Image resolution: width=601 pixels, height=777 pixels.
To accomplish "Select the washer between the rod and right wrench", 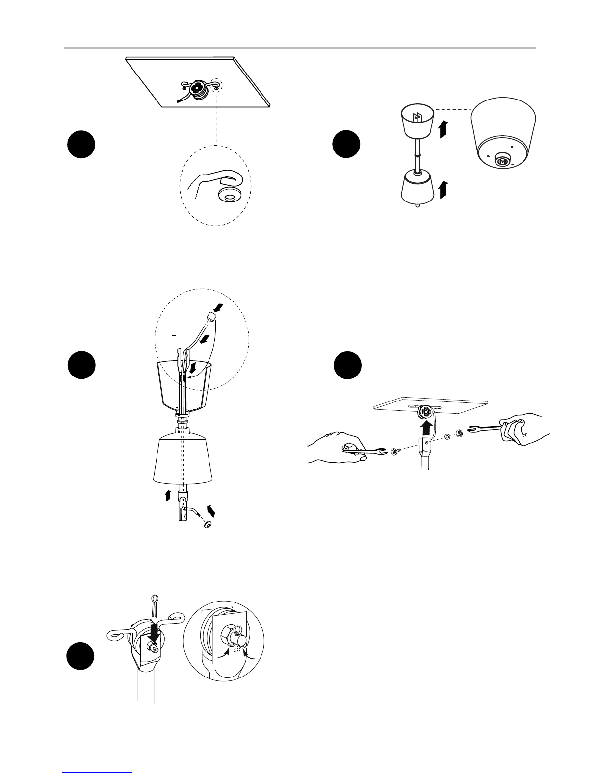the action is tap(447, 436).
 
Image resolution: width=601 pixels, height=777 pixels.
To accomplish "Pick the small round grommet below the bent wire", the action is tap(208, 525).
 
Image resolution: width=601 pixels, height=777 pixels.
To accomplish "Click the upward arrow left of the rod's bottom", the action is tap(168, 495).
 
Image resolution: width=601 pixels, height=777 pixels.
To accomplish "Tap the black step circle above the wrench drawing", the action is tap(347, 366).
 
